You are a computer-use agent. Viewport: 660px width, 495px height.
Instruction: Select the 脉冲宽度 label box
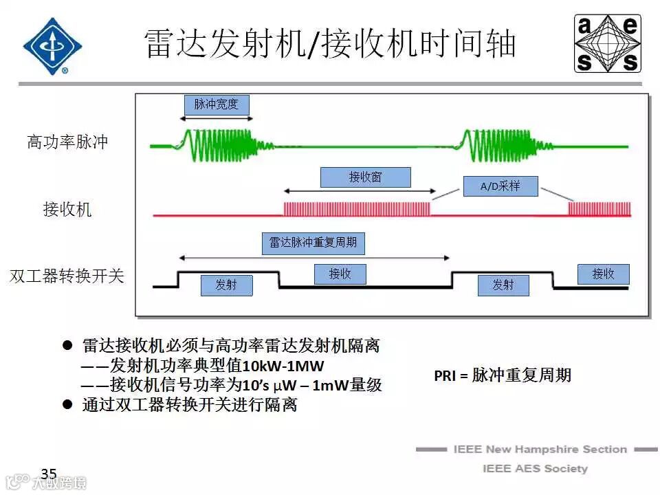pyautogui.click(x=217, y=104)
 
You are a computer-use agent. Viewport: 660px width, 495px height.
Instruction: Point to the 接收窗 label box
pyautogui.click(x=365, y=177)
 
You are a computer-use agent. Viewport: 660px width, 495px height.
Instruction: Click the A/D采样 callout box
pyautogui.click(x=500, y=186)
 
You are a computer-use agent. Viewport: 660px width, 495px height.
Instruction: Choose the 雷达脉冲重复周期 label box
pyautogui.click(x=313, y=243)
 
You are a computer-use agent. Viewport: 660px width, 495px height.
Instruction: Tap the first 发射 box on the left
pyautogui.click(x=226, y=285)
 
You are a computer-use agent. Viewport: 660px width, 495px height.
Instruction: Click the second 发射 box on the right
pyautogui.click(x=503, y=285)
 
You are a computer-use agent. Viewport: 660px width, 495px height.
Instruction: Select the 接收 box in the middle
pyautogui.click(x=340, y=274)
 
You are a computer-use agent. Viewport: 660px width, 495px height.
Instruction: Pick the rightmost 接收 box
pyautogui.click(x=603, y=274)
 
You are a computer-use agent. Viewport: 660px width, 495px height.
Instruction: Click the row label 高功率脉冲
pyautogui.click(x=67, y=142)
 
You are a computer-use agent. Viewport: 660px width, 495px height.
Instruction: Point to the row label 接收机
pyautogui.click(x=67, y=210)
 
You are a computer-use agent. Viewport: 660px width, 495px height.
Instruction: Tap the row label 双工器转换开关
pyautogui.click(x=67, y=276)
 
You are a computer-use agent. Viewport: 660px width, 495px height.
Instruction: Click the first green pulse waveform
pyautogui.click(x=217, y=145)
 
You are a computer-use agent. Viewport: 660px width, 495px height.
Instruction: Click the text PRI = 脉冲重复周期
pyautogui.click(x=503, y=375)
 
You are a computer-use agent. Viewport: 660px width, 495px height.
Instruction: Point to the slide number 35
pyautogui.click(x=49, y=474)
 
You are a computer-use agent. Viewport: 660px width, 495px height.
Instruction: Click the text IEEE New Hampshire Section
pyautogui.click(x=540, y=450)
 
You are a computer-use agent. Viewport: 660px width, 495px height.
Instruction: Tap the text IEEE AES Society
pyautogui.click(x=535, y=469)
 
